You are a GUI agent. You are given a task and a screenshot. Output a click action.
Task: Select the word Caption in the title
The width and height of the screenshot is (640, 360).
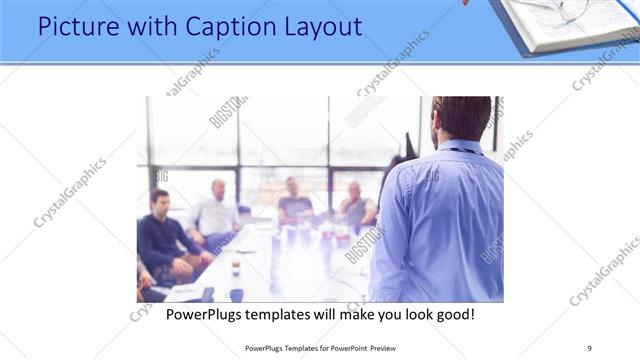(197, 26)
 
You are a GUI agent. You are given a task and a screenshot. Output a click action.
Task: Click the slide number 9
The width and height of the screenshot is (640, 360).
(589, 347)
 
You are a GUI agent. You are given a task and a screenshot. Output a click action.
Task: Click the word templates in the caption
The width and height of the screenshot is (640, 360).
(291, 315)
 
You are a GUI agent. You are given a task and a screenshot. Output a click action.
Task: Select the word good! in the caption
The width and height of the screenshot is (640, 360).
(453, 315)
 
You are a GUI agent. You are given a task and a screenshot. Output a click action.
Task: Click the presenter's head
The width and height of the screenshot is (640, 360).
(461, 117)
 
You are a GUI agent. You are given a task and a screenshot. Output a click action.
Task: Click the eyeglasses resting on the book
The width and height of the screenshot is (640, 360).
(565, 8)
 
